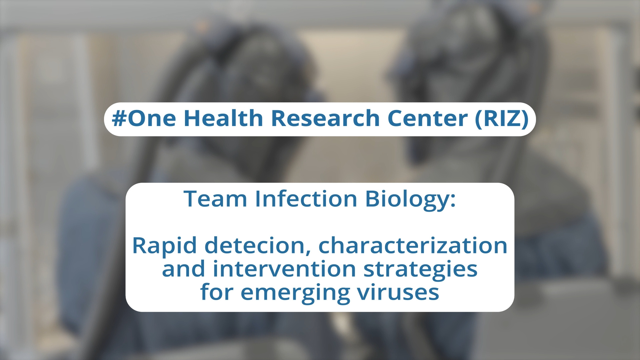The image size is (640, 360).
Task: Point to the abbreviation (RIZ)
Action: [x=502, y=119]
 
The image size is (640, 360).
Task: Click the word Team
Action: [x=215, y=199]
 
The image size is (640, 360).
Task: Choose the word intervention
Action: [x=284, y=269]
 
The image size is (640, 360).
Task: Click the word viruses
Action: [x=398, y=292]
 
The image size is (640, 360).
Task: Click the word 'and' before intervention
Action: [x=184, y=268]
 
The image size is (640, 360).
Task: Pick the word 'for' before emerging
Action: [x=217, y=292]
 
